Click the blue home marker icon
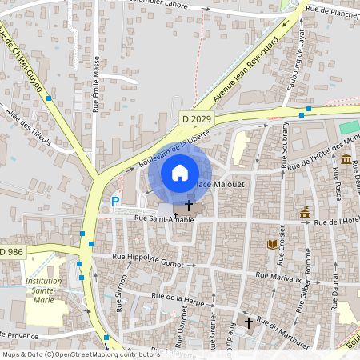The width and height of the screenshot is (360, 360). coord(180,172)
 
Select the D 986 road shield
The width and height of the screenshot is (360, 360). coord(11,252)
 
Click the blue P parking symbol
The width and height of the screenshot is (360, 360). coord(115,202)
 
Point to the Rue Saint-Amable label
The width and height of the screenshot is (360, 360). coord(164,219)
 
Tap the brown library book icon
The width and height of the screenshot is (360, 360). coord(272,244)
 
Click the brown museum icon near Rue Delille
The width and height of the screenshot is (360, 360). coord(346,160)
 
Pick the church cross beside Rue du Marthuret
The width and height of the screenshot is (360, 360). coord(249,322)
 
